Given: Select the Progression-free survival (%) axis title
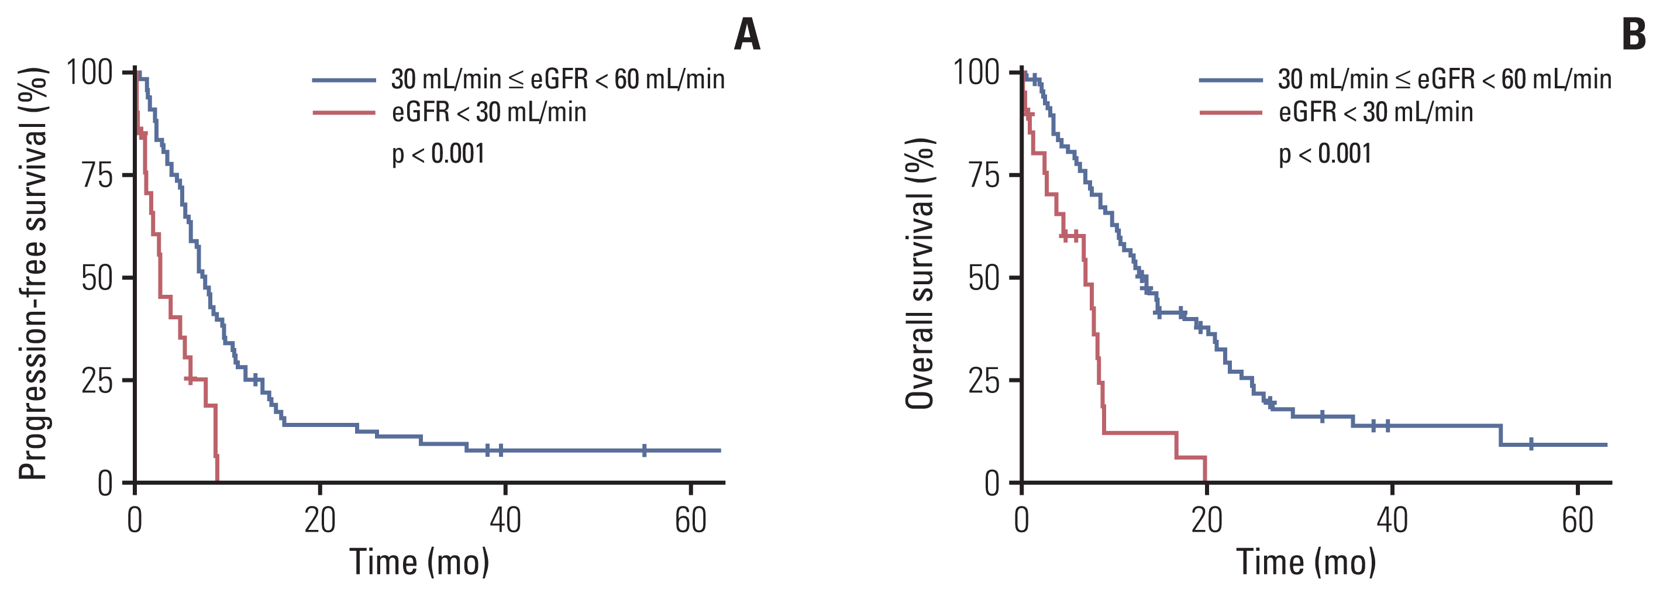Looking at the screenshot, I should [x=32, y=274].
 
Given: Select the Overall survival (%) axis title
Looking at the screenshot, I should [x=920, y=274].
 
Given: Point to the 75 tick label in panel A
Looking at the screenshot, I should [x=98, y=175].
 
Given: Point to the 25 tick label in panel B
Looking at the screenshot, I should [x=984, y=381].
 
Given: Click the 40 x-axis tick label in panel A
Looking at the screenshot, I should [x=505, y=521].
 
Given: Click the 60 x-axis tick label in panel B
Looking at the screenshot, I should [x=1577, y=521].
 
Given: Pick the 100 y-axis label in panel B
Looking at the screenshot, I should [x=976, y=73].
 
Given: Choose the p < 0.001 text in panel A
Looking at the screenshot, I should [x=438, y=154].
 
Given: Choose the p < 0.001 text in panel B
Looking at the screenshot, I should [x=1325, y=154].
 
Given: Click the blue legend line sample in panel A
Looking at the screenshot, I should [x=344, y=80].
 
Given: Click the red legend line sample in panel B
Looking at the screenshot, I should [x=1231, y=113].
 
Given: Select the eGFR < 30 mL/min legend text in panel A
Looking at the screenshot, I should [x=488, y=112].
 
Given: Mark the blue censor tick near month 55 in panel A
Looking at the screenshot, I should [x=644, y=450].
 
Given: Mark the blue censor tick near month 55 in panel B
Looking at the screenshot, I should [x=1531, y=445].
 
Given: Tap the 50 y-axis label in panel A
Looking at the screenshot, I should [x=98, y=278].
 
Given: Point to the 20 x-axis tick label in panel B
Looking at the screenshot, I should [x=1207, y=521].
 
